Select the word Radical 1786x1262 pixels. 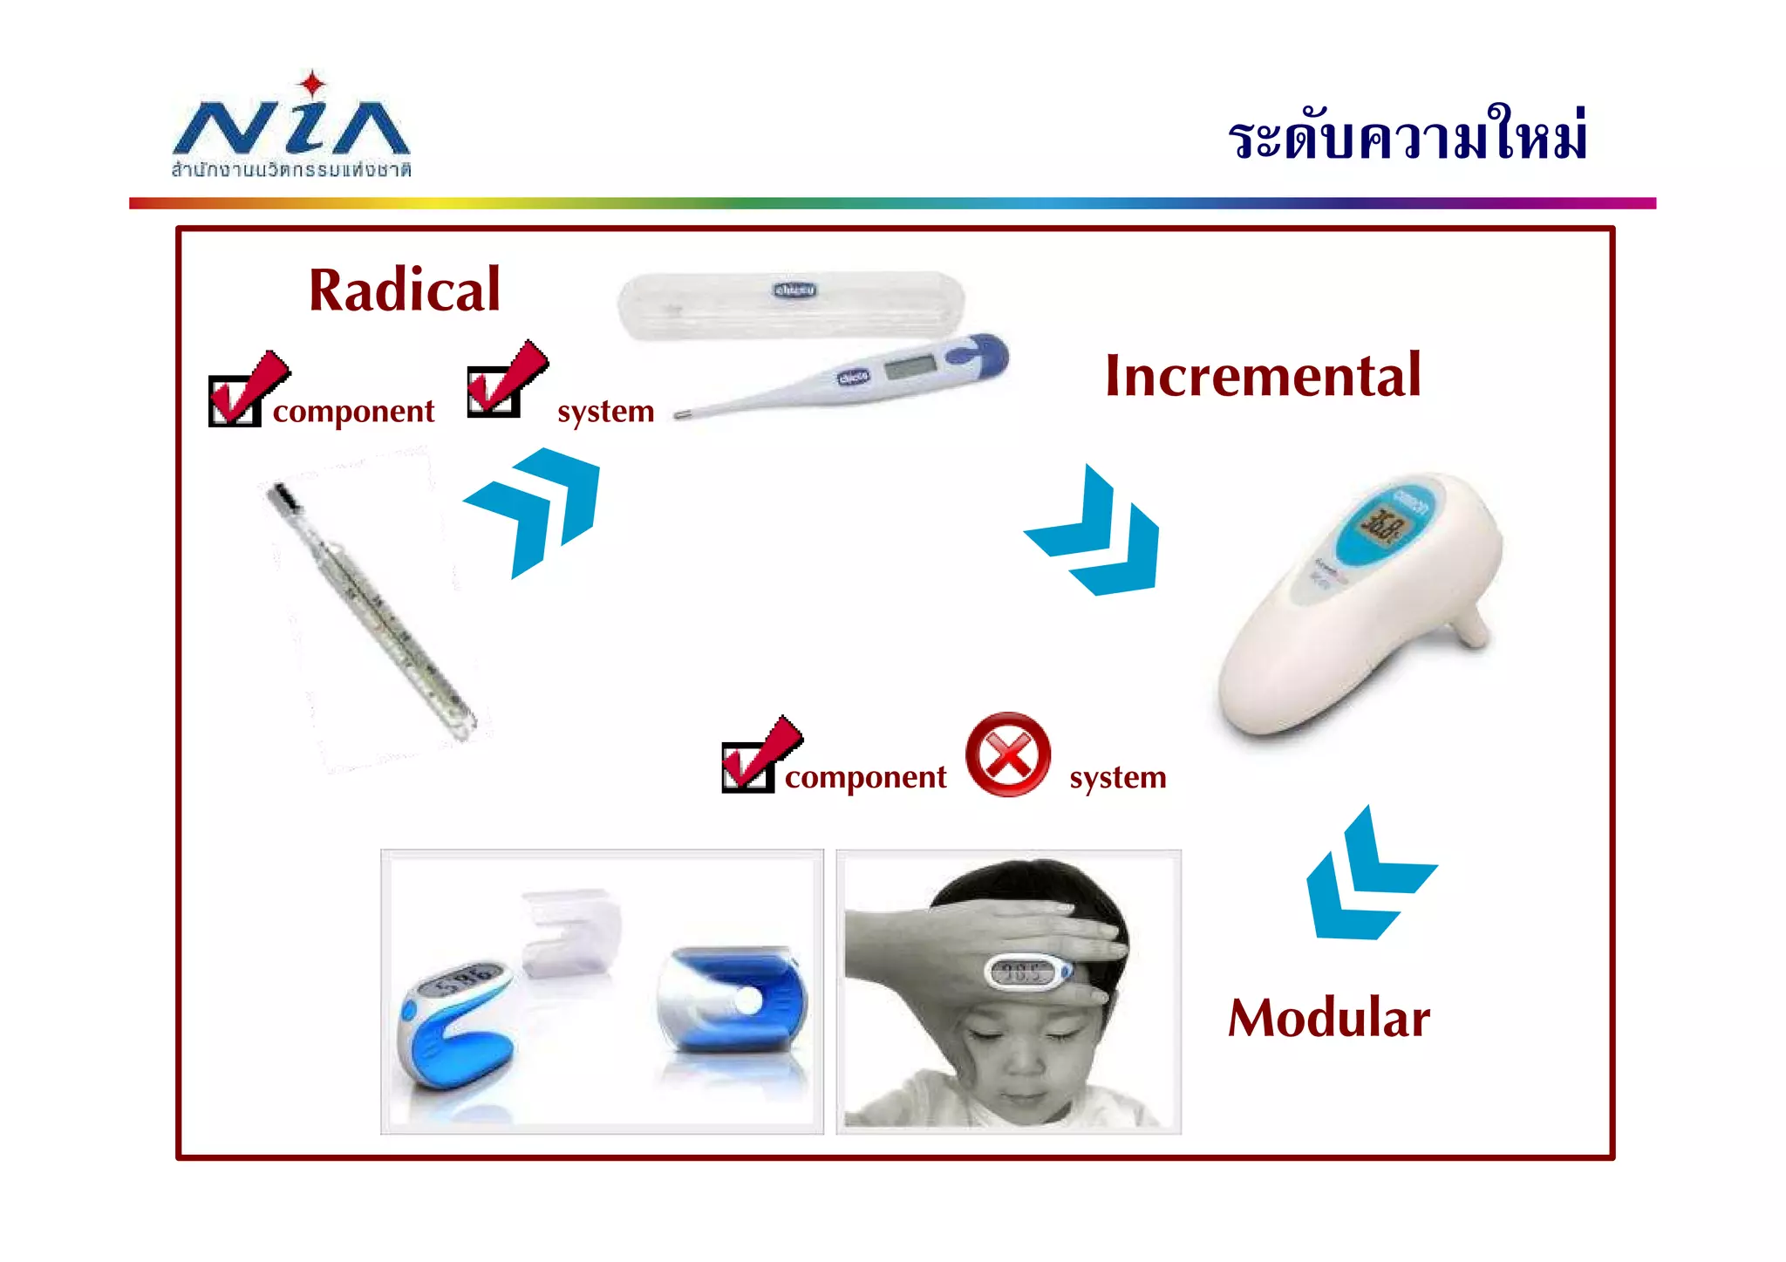point(405,290)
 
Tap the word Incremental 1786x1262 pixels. point(1263,376)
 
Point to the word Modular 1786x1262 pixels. point(1329,1018)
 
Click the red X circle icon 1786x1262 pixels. point(1008,754)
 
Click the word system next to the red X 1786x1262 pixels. point(1117,777)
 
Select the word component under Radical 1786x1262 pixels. point(353,412)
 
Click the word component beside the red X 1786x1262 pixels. point(865,777)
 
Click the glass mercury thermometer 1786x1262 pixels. point(371,611)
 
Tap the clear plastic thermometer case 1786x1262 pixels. point(790,305)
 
